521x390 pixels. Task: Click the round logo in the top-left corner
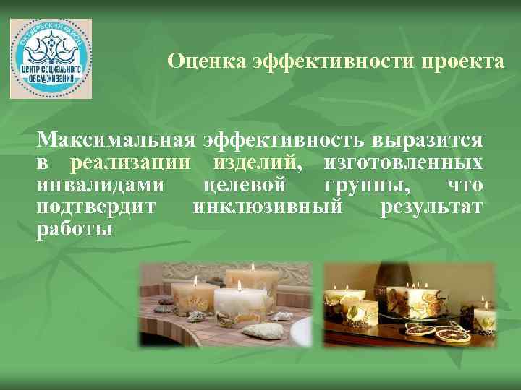click(x=51, y=58)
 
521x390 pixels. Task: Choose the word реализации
click(x=135, y=162)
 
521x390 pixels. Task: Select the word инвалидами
click(x=101, y=185)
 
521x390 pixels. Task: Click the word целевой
click(x=246, y=185)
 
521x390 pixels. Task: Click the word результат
click(x=431, y=208)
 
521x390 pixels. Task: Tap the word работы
click(x=75, y=230)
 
